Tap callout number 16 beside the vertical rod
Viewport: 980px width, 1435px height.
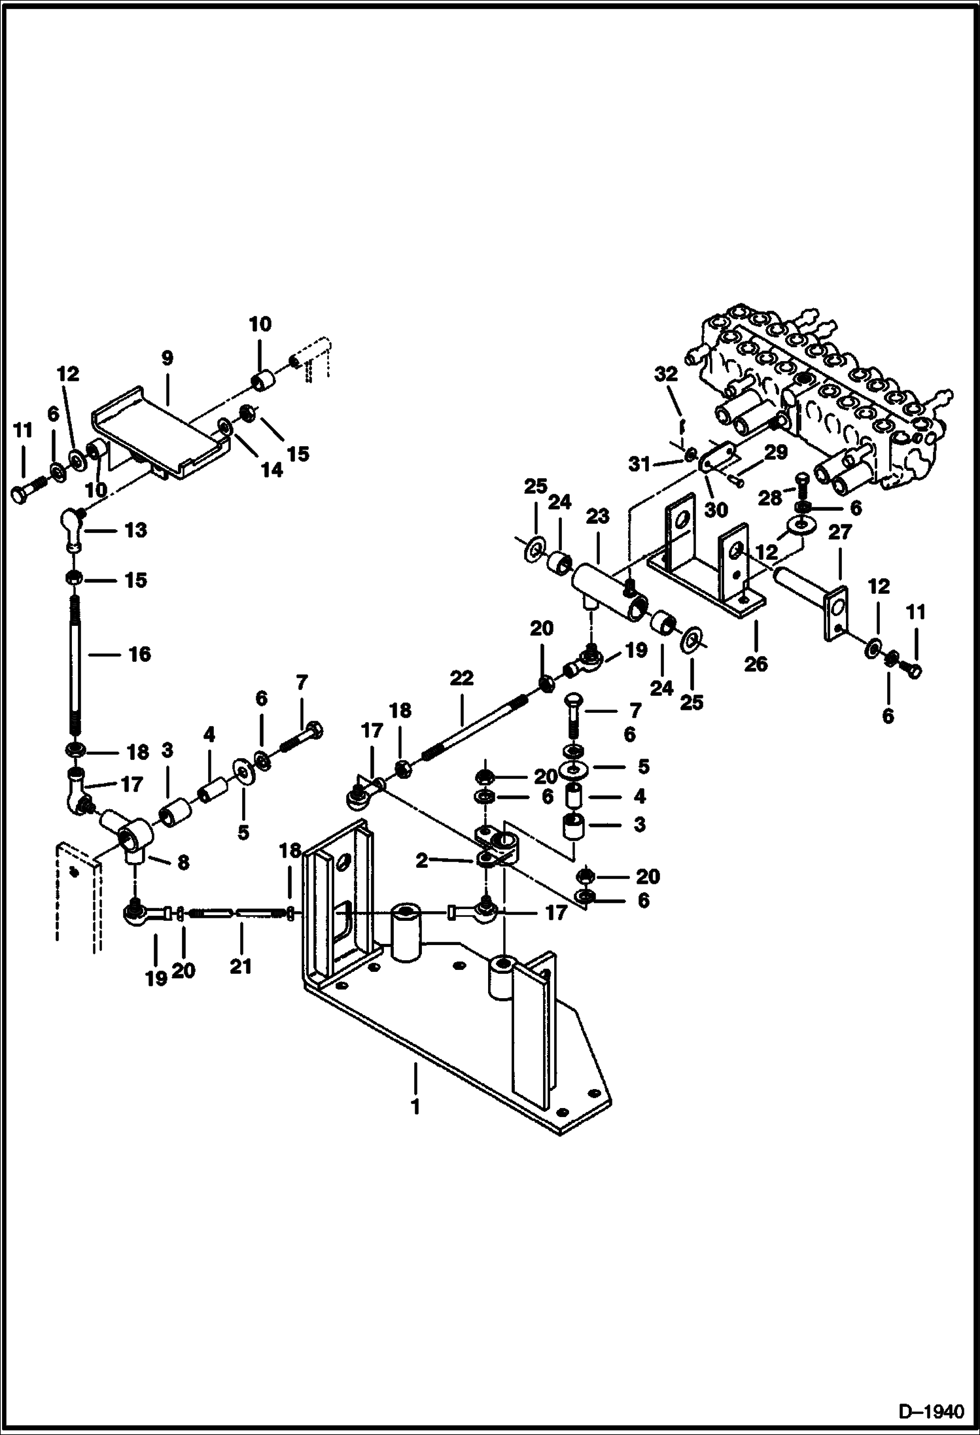pyautogui.click(x=139, y=654)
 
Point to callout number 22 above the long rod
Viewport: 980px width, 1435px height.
pyautogui.click(x=461, y=678)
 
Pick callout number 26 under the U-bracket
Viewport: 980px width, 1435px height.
pyautogui.click(x=756, y=664)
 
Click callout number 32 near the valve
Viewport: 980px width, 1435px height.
pyautogui.click(x=667, y=374)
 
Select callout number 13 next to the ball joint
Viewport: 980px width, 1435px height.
pyautogui.click(x=135, y=530)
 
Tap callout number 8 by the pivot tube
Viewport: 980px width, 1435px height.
pyautogui.click(x=183, y=863)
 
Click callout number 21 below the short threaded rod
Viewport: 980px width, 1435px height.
pyautogui.click(x=240, y=966)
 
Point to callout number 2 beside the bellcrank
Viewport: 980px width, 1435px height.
pyautogui.click(x=422, y=861)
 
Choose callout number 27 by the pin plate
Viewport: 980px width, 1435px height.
pyautogui.click(x=839, y=533)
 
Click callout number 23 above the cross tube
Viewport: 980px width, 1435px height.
pyautogui.click(x=598, y=517)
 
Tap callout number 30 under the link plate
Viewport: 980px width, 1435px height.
pyautogui.click(x=717, y=510)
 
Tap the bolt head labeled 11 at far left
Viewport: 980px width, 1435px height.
pyautogui.click(x=24, y=494)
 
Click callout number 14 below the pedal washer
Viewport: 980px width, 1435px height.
pyautogui.click(x=272, y=469)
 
